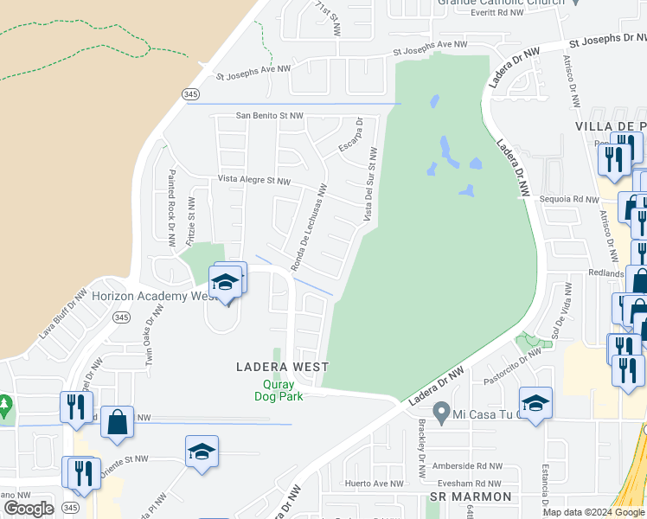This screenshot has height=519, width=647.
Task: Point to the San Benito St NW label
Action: tap(270, 115)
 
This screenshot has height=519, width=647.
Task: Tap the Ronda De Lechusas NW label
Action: tap(309, 227)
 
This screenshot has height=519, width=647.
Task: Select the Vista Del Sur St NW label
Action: tap(370, 184)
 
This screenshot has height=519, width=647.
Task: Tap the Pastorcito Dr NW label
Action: tap(509, 360)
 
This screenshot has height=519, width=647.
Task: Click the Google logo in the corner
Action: tap(29, 509)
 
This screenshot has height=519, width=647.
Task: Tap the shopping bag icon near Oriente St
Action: tap(118, 422)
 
